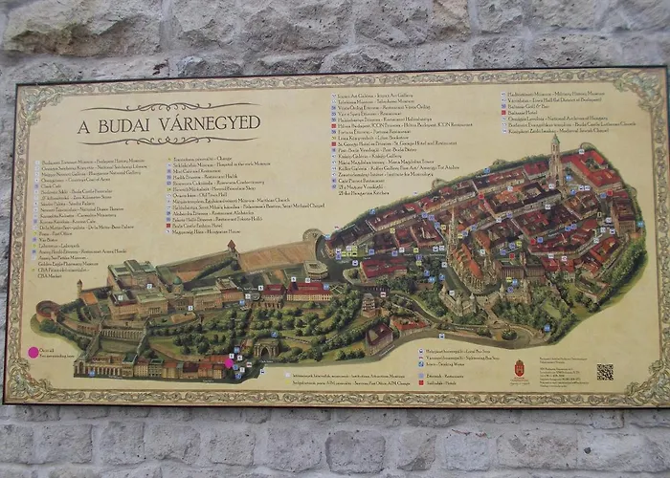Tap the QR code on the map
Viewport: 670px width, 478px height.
tap(605, 372)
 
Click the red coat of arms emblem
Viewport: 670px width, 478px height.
tap(520, 368)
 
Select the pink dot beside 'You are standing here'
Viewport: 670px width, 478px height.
tap(33, 352)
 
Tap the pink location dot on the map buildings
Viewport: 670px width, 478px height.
tap(229, 362)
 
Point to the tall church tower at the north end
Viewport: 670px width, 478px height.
tap(554, 158)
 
